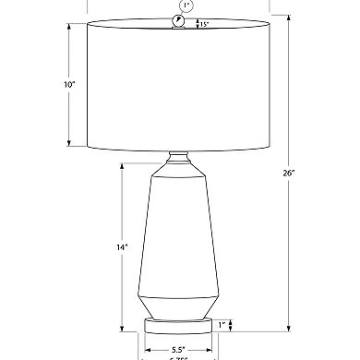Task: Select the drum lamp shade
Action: click(x=179, y=85)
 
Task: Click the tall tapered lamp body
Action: click(x=179, y=231)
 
